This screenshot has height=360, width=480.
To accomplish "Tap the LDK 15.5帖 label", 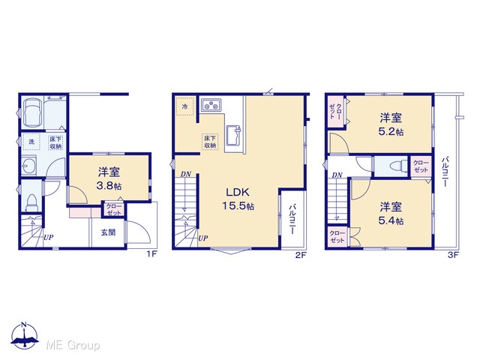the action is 238,199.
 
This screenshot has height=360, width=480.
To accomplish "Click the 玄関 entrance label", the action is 108,232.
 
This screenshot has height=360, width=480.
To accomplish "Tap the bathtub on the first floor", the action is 31,112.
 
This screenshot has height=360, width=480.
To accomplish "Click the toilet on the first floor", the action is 31,202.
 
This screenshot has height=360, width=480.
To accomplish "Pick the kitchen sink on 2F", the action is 233,135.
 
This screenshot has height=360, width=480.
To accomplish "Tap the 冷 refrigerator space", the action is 184,106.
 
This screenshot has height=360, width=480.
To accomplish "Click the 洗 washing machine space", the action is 31,142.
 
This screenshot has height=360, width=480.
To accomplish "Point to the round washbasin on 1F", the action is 28,166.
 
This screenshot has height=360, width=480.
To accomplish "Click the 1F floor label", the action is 151,254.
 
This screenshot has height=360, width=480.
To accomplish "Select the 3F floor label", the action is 453,255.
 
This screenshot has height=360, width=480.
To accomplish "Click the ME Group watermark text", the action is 73,345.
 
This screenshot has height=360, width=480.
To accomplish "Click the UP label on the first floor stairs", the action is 48,237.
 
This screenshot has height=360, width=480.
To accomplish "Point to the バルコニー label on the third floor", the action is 445,172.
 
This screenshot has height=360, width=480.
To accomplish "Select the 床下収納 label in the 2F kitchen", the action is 210,142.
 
